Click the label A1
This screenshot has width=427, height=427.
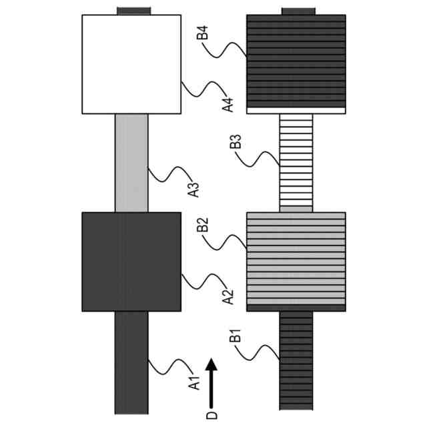(x=194, y=382)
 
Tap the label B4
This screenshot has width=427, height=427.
(x=203, y=33)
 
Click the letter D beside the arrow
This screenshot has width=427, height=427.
(x=211, y=416)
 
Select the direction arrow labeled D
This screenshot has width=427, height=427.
(x=211, y=383)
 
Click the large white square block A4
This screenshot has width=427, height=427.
(x=131, y=64)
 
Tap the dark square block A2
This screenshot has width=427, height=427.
(x=131, y=262)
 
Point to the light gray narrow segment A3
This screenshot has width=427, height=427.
(x=131, y=163)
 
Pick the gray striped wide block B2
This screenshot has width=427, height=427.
(x=296, y=262)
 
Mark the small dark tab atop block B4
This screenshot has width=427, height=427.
(x=298, y=11)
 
